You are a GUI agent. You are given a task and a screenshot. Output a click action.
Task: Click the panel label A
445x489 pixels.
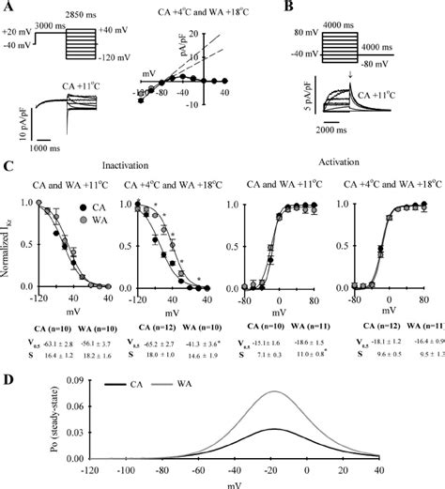tap(8, 9)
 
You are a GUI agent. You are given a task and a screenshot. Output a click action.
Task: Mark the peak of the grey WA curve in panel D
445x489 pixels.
tap(272, 392)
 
